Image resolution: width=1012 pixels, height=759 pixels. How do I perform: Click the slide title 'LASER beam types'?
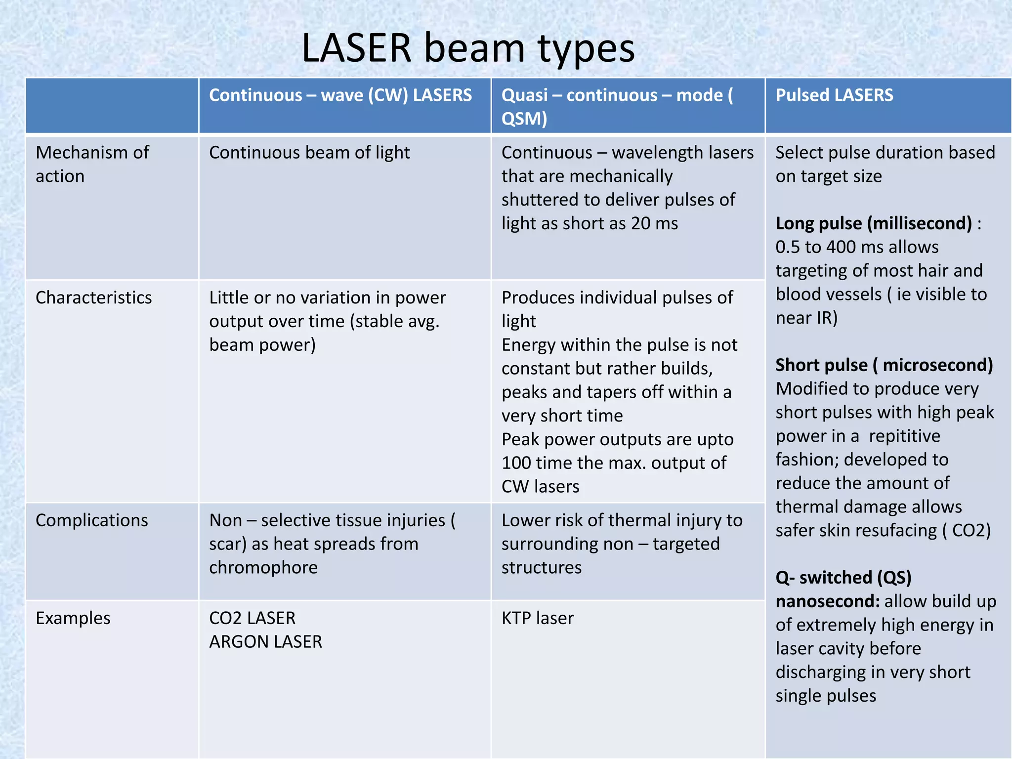[x=467, y=48]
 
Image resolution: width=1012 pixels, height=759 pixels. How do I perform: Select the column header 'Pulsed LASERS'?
[x=834, y=95]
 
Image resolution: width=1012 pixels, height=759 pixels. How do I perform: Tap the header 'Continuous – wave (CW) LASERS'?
[x=340, y=95]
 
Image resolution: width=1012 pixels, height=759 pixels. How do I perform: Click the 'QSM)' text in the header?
[x=524, y=119]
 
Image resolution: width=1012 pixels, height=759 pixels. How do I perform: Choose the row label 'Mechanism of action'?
[x=92, y=164]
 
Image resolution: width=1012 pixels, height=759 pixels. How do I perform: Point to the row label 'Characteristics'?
[x=93, y=298]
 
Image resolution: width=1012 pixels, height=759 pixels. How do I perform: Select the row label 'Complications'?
[x=92, y=520]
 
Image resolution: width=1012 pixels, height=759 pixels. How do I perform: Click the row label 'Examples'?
[x=73, y=618]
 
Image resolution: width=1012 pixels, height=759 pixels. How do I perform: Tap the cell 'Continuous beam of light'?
[x=309, y=153]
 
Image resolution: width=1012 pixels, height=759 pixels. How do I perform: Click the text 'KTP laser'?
[x=538, y=618]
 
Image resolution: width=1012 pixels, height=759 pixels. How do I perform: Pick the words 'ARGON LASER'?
[x=265, y=642]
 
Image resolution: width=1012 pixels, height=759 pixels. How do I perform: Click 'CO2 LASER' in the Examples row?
[x=252, y=618]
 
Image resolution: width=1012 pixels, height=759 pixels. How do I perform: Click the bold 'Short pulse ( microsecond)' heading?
[x=884, y=365]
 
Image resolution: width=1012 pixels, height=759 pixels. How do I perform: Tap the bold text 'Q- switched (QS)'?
[x=843, y=578]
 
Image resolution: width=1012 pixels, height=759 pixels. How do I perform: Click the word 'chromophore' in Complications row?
[x=263, y=568]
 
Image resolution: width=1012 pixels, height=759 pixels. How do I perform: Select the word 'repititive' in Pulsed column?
[x=904, y=436]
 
